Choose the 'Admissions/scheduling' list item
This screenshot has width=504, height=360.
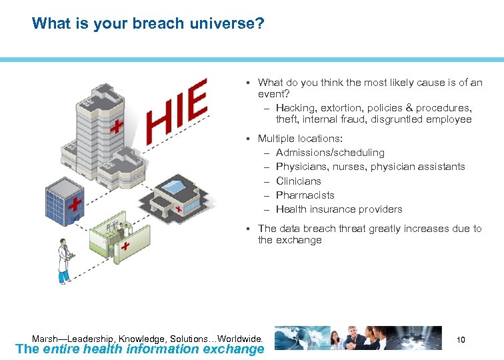coord(330,153)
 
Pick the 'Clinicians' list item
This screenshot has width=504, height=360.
coord(298,181)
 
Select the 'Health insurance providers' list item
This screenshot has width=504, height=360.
coord(339,209)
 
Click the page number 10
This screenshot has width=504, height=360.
coord(460,340)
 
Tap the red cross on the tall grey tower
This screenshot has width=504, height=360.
coord(117,127)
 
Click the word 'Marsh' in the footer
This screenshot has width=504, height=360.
coord(45,338)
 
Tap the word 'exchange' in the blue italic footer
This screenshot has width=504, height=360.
coord(233,349)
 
